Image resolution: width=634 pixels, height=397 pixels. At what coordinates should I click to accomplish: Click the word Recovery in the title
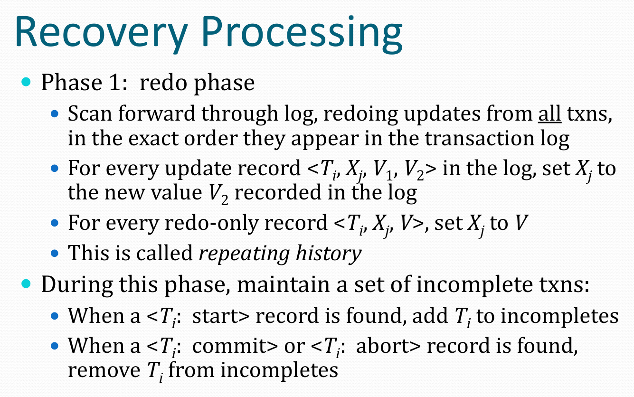tap(101, 33)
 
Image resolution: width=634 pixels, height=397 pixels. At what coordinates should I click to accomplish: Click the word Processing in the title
tap(302, 33)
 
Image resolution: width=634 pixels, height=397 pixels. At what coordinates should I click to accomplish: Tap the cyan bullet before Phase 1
tap(26, 82)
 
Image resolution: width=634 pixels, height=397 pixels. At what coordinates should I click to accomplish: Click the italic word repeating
tap(244, 254)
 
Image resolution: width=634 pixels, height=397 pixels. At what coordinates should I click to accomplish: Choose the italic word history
tap(329, 254)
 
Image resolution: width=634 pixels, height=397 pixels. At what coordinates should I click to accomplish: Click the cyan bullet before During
tap(26, 283)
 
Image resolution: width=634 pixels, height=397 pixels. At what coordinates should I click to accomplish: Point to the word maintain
tap(284, 284)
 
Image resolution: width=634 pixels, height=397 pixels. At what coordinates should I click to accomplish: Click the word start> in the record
tap(221, 316)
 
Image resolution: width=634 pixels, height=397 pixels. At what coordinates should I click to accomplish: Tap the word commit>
tap(235, 346)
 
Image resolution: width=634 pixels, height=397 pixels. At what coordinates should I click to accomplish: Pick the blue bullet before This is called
tap(54, 253)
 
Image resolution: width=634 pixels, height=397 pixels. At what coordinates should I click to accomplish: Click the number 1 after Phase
tap(115, 83)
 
